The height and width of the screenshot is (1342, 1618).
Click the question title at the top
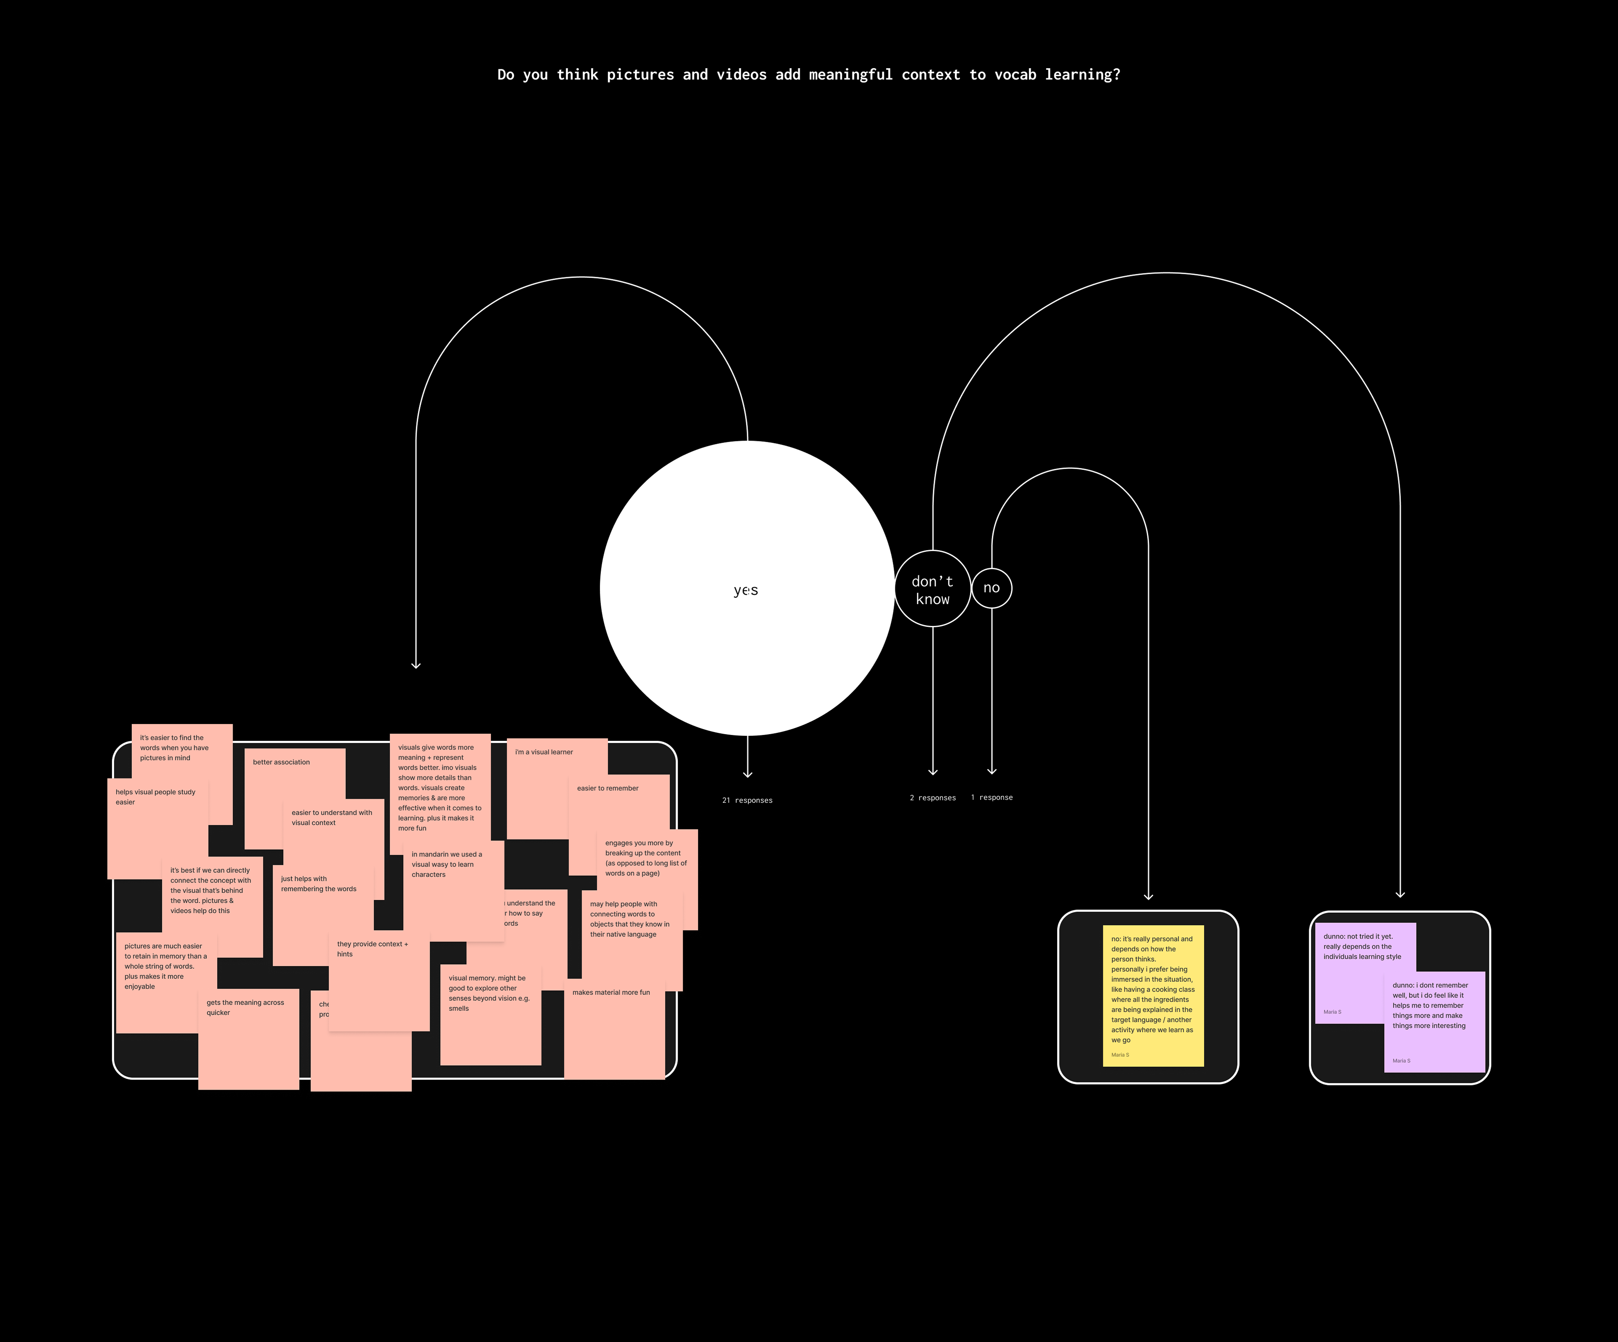tap(808, 75)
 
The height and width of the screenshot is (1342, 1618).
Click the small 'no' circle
tap(991, 588)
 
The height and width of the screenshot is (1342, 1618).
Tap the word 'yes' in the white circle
tap(746, 590)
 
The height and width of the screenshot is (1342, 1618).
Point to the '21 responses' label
tap(747, 800)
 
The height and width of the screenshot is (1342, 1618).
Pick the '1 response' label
tap(991, 797)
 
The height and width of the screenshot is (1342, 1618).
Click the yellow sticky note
tap(1153, 994)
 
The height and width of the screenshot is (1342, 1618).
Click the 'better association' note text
tap(281, 762)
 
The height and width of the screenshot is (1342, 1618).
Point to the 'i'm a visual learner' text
tap(544, 752)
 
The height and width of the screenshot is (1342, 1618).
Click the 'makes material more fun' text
tap(611, 992)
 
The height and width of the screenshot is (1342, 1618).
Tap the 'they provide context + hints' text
tap(372, 948)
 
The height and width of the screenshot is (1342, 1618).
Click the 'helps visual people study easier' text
tap(155, 797)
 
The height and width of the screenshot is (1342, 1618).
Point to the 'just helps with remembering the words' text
tap(318, 884)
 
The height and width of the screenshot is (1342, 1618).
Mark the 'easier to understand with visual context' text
tap(331, 817)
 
